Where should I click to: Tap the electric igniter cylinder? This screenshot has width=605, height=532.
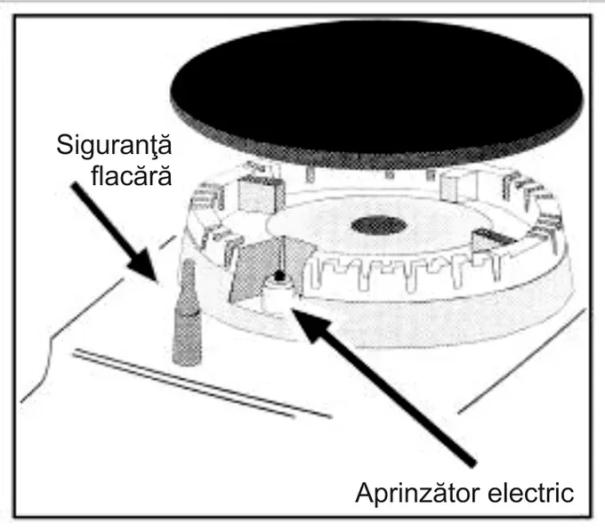(x=278, y=297)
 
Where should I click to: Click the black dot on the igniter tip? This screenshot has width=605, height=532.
(x=278, y=277)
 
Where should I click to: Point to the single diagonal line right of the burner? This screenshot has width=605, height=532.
(x=520, y=359)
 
